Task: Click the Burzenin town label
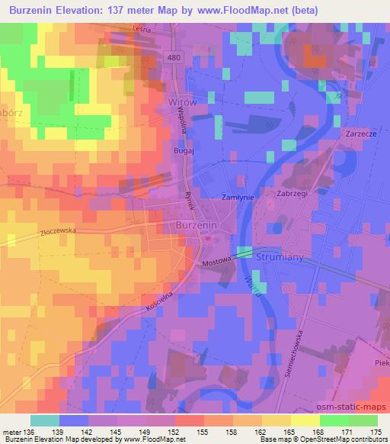198,227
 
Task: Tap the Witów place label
181,101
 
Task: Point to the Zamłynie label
237,196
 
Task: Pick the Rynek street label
192,200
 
